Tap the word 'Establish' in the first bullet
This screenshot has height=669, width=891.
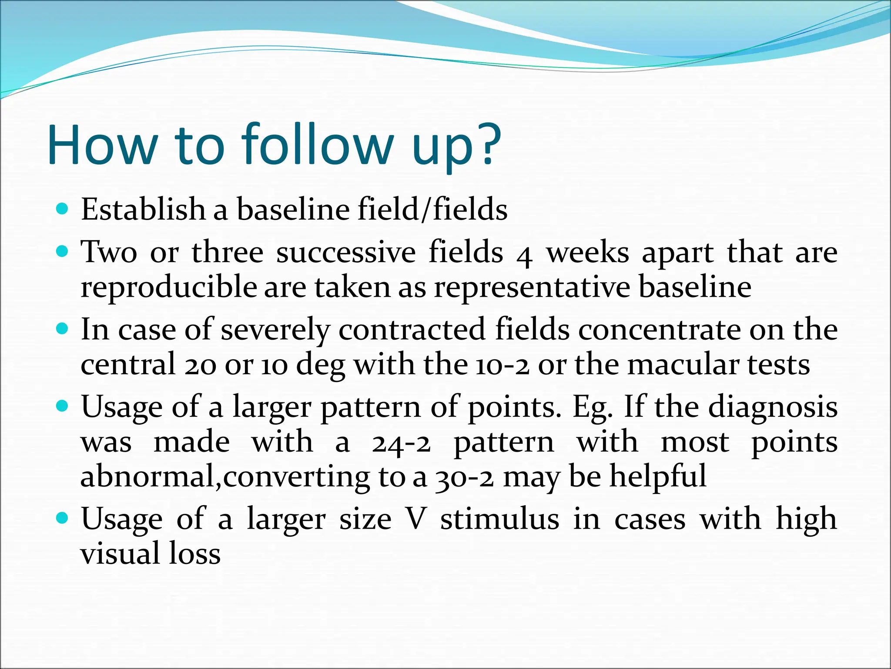(x=143, y=209)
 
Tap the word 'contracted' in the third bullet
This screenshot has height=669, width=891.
(x=412, y=330)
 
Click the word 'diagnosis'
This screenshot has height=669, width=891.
(x=773, y=407)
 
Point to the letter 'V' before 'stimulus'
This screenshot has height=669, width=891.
(x=415, y=520)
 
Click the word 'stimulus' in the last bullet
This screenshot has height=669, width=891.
(x=500, y=520)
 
